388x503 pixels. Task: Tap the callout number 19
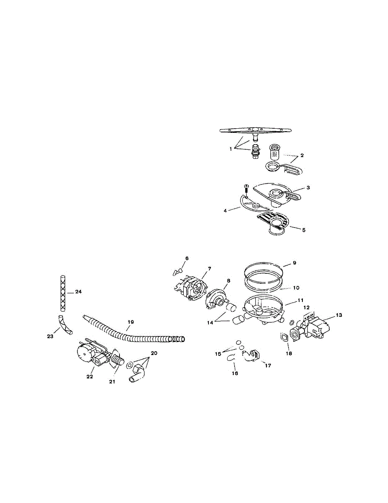(130, 322)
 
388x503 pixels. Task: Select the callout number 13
(339, 315)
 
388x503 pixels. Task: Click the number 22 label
(89, 376)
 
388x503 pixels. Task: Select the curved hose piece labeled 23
(65, 325)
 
